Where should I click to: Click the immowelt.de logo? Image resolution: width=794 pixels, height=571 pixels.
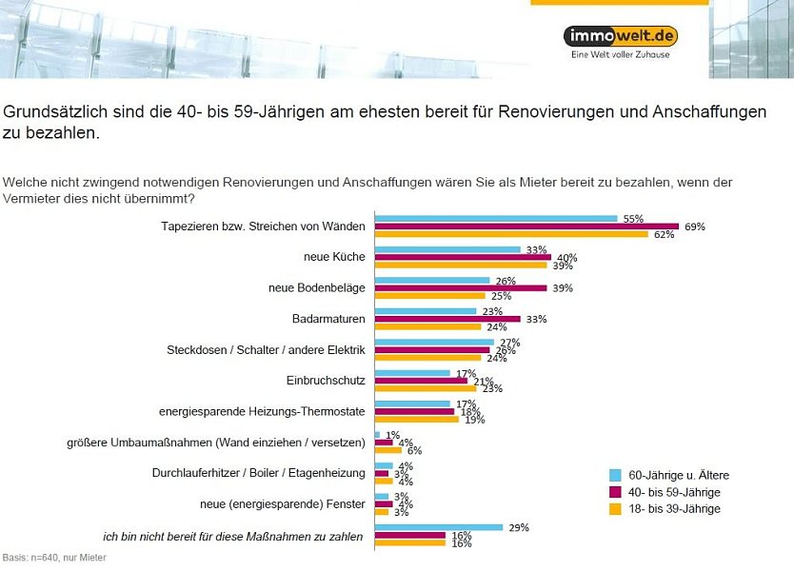click(620, 36)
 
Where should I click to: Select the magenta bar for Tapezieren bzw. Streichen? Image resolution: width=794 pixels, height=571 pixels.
click(526, 226)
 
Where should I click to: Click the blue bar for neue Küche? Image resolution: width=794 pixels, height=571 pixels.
click(447, 249)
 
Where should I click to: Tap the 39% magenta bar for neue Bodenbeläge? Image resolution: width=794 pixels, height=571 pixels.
click(461, 287)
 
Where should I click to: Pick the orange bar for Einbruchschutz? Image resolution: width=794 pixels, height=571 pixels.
click(426, 388)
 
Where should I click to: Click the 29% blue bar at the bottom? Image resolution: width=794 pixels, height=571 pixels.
click(439, 527)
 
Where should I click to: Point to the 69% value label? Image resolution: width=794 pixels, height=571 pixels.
click(695, 226)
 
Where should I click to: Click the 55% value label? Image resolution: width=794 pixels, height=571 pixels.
click(633, 218)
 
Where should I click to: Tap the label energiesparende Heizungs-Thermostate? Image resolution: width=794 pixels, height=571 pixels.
click(262, 412)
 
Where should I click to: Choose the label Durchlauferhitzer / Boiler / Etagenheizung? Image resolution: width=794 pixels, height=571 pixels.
click(258, 473)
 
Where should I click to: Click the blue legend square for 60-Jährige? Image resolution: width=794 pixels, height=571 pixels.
click(615, 475)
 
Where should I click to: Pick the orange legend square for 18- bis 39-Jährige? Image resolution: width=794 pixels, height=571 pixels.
click(615, 509)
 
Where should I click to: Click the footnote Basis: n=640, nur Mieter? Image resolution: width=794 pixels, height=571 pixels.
click(54, 558)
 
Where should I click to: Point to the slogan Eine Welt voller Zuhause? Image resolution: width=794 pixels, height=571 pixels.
click(620, 56)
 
